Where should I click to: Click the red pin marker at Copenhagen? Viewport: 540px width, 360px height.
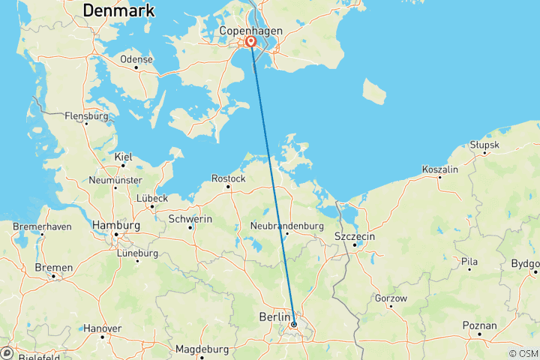click(250, 43)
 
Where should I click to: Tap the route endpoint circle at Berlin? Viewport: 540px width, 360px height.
click(294, 325)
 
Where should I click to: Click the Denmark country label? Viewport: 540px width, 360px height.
click(119, 10)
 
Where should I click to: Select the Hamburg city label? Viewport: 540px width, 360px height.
click(115, 225)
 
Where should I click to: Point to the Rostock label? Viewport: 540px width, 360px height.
click(229, 178)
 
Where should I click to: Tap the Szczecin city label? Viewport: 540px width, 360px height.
click(356, 237)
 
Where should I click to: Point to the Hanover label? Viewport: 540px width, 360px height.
click(102, 328)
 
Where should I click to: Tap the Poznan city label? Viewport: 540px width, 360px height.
click(480, 325)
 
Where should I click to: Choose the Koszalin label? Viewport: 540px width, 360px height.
click(440, 169)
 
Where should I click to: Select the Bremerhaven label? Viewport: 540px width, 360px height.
click(42, 226)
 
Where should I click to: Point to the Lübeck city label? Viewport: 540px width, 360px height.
click(151, 198)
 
